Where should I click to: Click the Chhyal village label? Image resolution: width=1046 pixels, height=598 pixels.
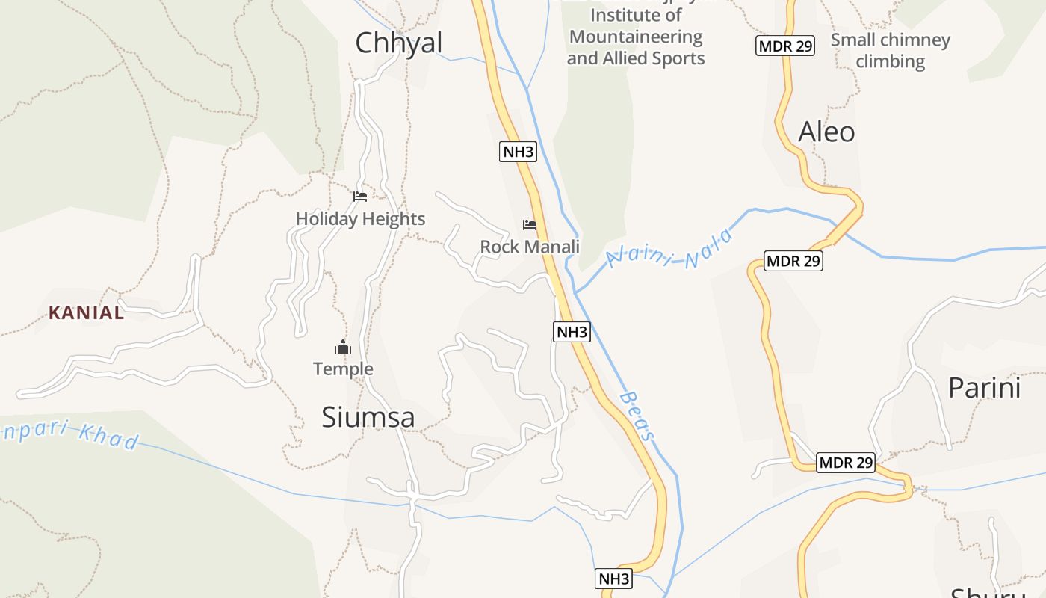(399, 43)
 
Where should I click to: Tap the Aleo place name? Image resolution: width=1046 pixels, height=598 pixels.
(826, 132)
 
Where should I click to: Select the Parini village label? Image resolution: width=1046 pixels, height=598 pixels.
(984, 388)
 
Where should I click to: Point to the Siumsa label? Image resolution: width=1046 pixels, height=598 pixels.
(368, 417)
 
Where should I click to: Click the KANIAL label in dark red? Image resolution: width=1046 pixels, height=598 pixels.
(87, 313)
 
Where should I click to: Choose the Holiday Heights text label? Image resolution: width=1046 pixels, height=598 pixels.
(360, 219)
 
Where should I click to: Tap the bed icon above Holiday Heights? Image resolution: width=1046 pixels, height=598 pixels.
(360, 197)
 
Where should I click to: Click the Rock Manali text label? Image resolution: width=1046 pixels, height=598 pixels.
(530, 247)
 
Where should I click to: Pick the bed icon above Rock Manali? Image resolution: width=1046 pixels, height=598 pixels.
(530, 224)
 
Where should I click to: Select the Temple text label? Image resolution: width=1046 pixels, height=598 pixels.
(343, 369)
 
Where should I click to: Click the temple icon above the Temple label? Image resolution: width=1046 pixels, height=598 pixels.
(343, 347)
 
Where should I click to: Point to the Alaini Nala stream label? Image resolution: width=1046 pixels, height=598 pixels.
(669, 250)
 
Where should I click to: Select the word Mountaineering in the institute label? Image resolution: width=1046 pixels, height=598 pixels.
(636, 37)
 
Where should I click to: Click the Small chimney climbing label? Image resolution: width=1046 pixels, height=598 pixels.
(890, 50)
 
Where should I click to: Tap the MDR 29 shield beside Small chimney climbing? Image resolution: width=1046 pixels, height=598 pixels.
(784, 46)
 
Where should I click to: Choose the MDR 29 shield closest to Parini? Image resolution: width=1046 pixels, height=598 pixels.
(845, 463)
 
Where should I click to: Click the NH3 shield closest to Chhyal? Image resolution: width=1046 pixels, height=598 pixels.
(518, 152)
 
